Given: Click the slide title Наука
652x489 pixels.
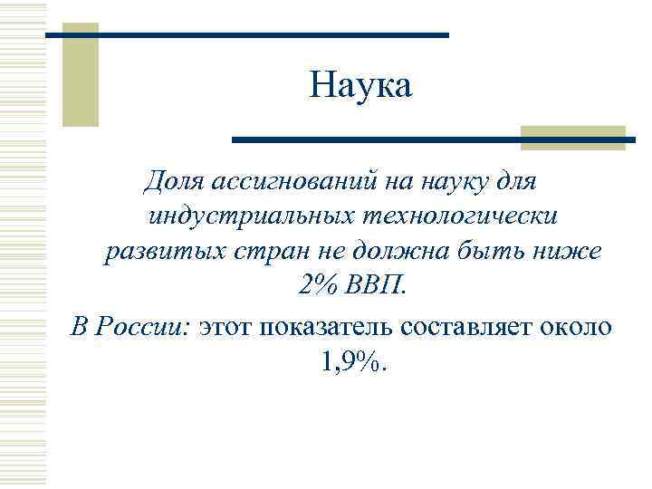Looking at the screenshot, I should pyautogui.click(x=360, y=87).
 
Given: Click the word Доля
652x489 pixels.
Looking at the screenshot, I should pyautogui.click(x=172, y=182).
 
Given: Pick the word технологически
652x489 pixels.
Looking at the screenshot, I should pyautogui.click(x=461, y=217).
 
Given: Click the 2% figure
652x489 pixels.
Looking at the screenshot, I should pyautogui.click(x=316, y=287).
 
